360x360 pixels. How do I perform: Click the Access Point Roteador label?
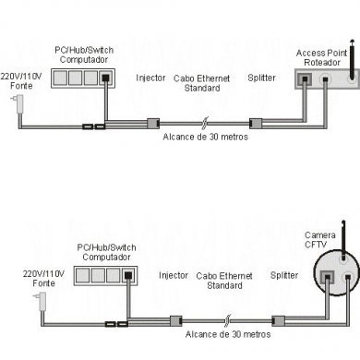[x=319, y=59]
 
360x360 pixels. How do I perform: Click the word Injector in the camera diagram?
[x=174, y=274]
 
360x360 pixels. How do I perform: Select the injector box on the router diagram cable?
[x=154, y=122]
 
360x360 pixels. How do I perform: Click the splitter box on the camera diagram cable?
[x=276, y=317]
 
